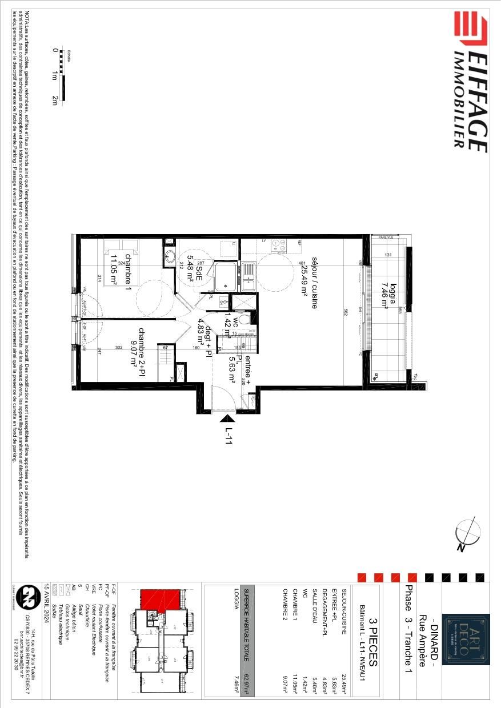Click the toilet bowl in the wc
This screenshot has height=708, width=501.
(243, 319)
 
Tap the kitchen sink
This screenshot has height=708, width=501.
(249, 276)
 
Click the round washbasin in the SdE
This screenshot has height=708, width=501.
(169, 257)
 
